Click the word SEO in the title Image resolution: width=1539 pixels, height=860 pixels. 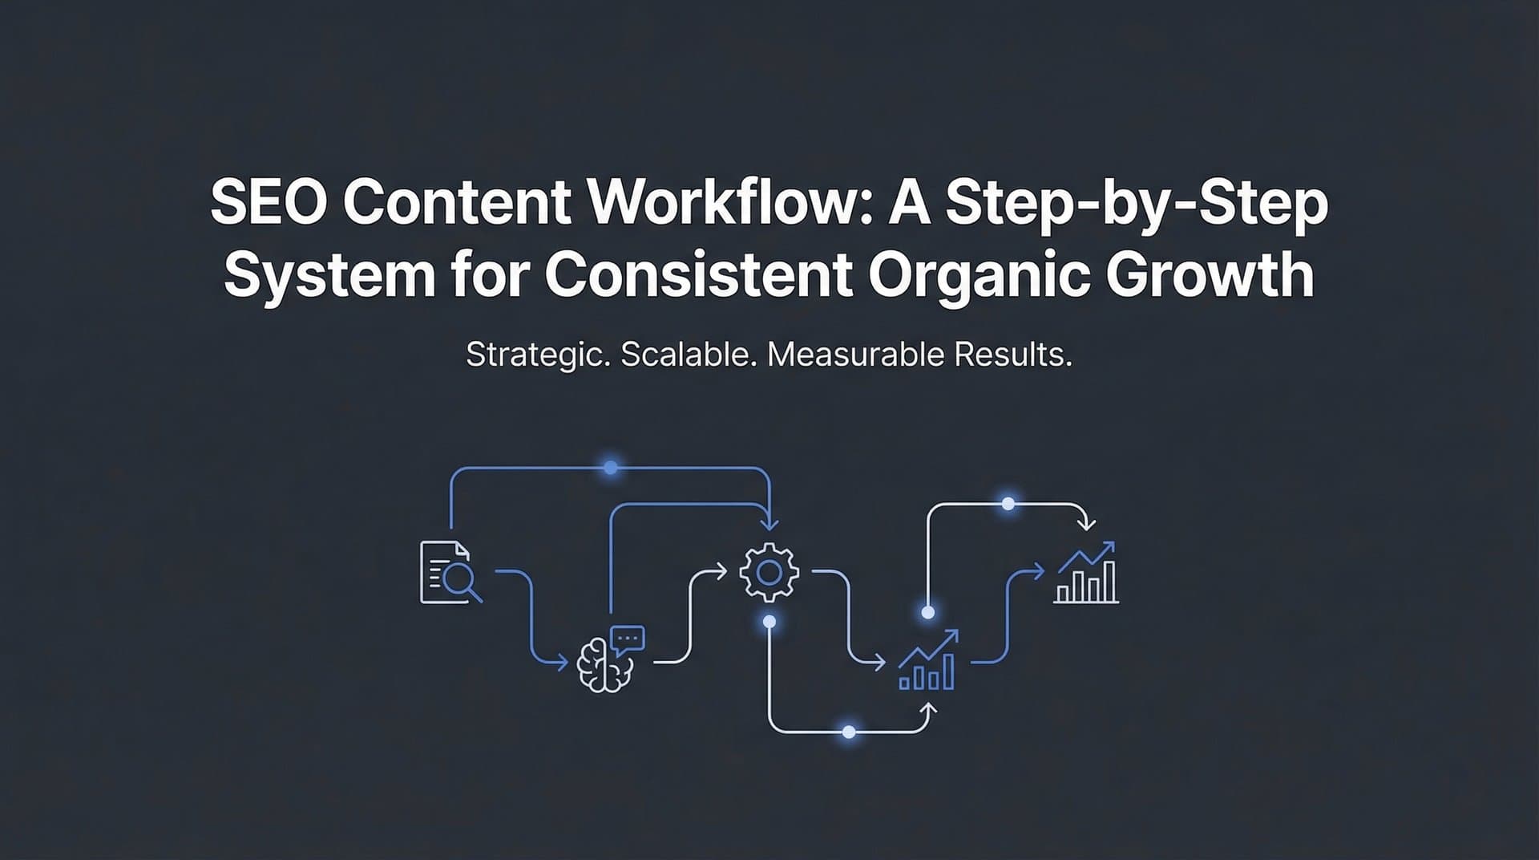268,204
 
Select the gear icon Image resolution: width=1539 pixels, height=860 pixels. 769,572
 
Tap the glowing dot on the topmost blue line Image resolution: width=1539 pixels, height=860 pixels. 611,467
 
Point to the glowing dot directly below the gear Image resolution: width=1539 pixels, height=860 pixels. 769,622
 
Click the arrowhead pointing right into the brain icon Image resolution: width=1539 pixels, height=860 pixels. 563,663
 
